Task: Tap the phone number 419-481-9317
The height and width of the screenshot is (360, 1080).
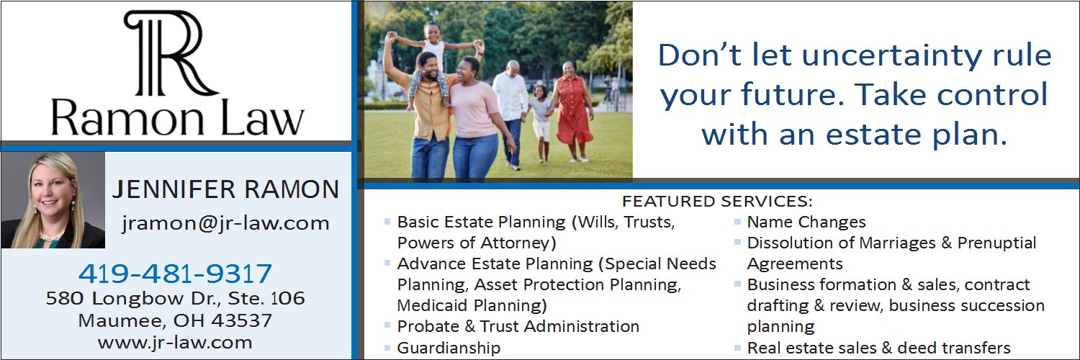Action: coord(175,274)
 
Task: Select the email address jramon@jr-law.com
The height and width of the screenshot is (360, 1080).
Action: coord(225,223)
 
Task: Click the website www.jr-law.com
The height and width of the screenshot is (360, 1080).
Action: coord(175,343)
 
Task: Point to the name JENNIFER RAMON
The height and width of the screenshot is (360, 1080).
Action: coord(225,189)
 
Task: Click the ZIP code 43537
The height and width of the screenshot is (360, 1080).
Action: coord(241,320)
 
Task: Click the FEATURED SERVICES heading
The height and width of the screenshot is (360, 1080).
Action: coord(717,201)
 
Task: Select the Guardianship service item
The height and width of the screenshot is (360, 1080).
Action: coord(449,348)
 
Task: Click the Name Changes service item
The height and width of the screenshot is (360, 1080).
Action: coord(806,222)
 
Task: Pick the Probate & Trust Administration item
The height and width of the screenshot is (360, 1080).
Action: coord(518,327)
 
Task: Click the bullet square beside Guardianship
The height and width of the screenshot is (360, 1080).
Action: coord(387,347)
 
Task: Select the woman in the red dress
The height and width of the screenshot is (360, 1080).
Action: coord(572,111)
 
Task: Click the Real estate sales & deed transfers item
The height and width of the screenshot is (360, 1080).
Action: coord(878,348)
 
